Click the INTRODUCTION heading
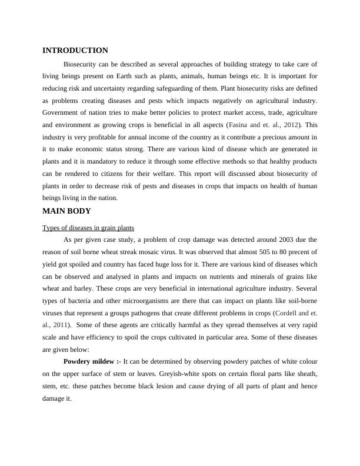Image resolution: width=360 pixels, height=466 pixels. (75, 51)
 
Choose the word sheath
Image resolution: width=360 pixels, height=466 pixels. (305, 374)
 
